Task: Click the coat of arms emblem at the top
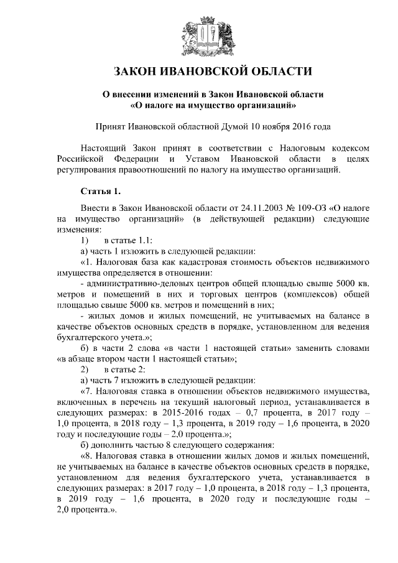[198, 34]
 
